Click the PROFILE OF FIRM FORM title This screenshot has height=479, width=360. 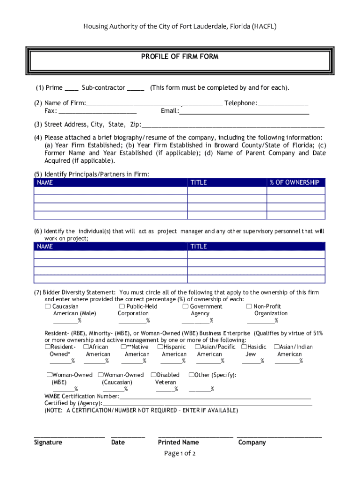(180, 57)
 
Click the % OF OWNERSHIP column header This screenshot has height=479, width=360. (295, 182)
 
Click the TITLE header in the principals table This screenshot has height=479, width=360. (198, 182)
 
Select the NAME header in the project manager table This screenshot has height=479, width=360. (45, 247)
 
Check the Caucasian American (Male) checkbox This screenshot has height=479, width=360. (48, 306)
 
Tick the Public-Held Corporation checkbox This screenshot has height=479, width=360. (122, 306)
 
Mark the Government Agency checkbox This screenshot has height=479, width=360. (186, 306)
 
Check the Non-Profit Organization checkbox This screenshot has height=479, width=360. (249, 306)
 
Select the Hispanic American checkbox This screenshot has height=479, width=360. (160, 347)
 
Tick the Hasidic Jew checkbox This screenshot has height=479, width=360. (244, 347)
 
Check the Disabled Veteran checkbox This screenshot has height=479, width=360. (153, 375)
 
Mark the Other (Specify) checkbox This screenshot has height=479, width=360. (191, 375)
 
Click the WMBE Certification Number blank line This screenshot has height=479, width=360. (215, 398)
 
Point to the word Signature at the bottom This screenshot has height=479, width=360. (48, 442)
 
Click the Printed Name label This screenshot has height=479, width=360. (178, 442)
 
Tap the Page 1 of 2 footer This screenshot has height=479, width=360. (180, 453)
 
